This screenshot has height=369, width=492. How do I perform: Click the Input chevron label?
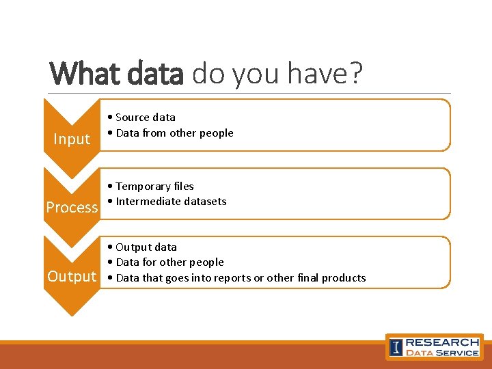(x=72, y=139)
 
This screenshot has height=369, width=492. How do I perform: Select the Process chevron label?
(x=72, y=208)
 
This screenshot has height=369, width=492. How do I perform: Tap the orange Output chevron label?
(x=72, y=277)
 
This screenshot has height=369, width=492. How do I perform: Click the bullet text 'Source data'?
(x=145, y=118)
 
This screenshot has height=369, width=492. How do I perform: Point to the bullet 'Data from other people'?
(x=174, y=133)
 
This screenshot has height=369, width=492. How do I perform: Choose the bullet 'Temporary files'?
(x=154, y=187)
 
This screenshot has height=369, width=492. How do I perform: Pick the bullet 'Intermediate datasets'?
(x=171, y=202)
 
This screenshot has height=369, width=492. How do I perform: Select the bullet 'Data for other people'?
(x=169, y=262)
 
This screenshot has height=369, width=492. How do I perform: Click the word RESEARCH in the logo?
(x=442, y=342)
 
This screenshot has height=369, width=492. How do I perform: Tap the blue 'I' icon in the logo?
(x=396, y=347)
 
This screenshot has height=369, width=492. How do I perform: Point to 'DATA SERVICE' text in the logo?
(x=442, y=353)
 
